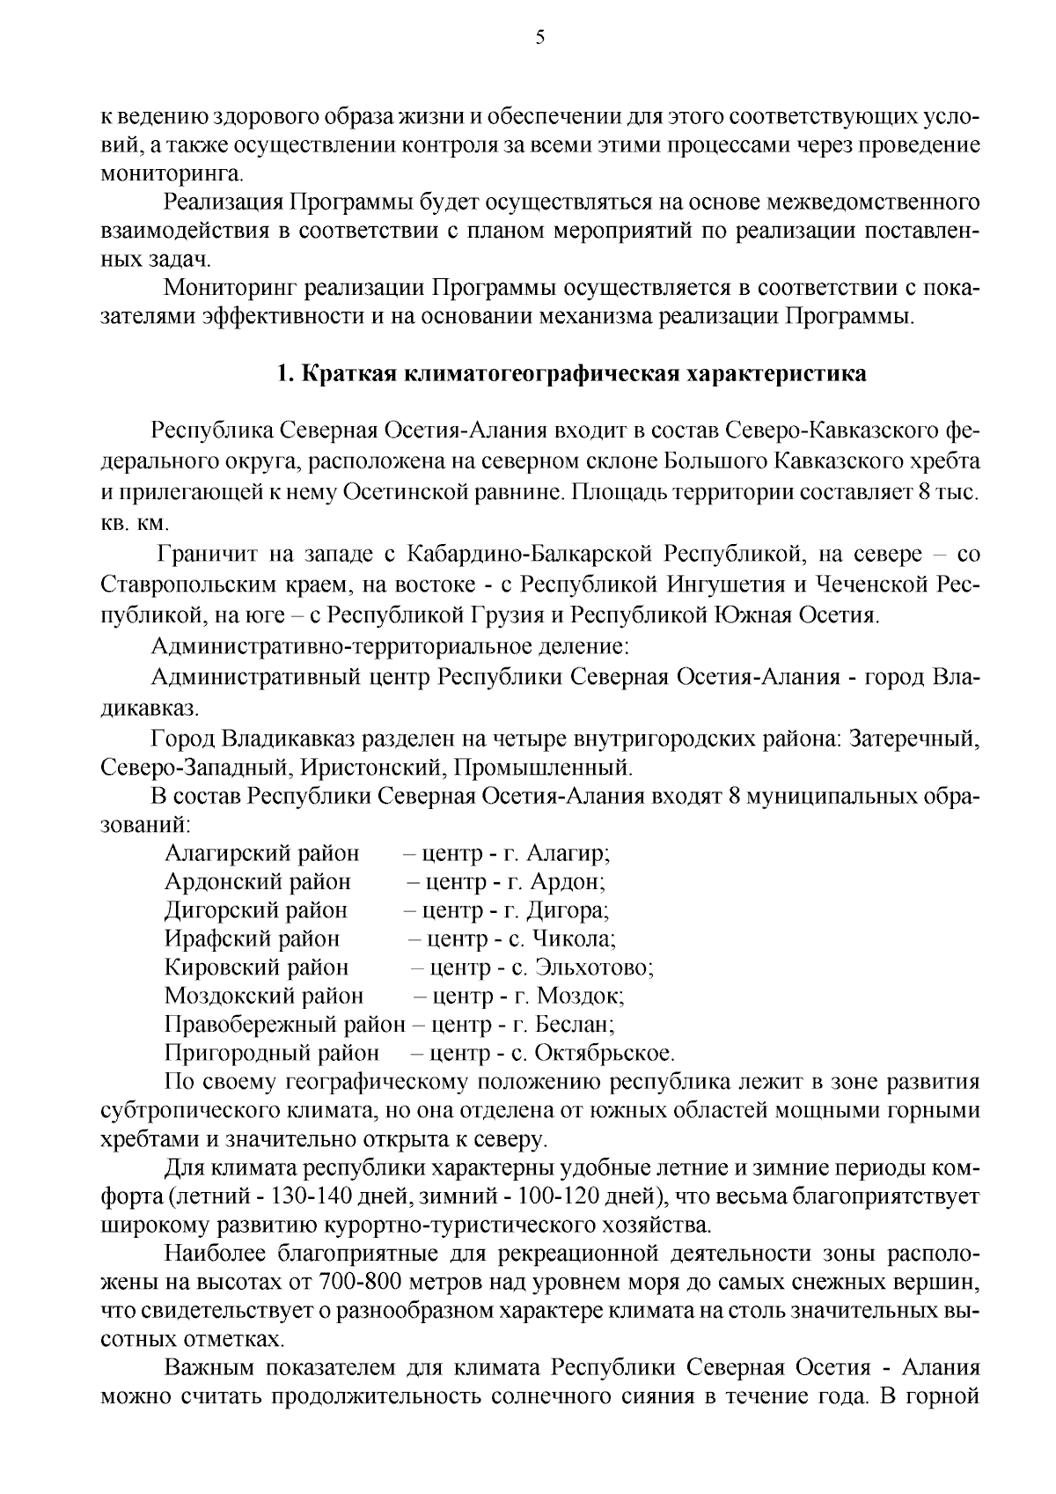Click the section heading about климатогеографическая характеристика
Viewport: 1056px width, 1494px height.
(x=571, y=373)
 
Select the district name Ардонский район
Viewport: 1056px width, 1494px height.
(x=257, y=881)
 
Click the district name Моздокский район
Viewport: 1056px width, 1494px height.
(x=263, y=996)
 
